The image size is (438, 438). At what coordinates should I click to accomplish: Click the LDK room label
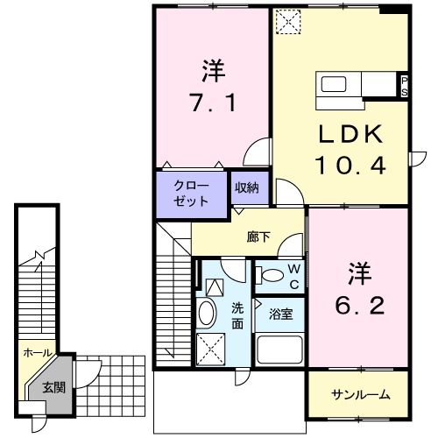point(349,133)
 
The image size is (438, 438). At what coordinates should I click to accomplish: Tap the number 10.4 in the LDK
point(350,164)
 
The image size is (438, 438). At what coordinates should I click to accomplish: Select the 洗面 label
point(238,316)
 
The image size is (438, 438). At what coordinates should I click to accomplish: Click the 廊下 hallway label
point(258,237)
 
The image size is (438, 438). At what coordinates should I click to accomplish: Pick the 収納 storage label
point(246,187)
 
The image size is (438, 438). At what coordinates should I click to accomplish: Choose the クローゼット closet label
point(191,193)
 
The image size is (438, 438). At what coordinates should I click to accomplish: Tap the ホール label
point(36,353)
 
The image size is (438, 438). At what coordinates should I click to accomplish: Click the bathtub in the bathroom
point(280,350)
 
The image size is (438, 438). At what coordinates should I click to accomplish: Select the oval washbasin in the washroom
point(208,314)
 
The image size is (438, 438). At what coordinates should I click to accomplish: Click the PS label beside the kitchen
point(404,86)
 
